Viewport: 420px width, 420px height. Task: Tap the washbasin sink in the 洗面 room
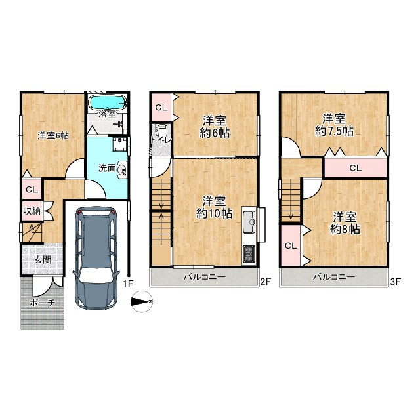[x=122, y=169]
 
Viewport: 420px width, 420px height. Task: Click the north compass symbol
[x=142, y=302]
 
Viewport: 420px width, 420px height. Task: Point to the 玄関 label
[x=43, y=259]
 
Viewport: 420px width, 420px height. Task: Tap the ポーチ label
[x=43, y=303]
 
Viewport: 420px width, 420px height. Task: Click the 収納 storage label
[x=31, y=211]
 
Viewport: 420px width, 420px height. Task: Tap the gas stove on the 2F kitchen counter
[x=249, y=254]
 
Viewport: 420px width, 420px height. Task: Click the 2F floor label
[x=266, y=282]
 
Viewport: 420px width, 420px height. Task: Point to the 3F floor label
[x=395, y=282]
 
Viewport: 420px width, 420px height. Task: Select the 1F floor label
[x=129, y=283]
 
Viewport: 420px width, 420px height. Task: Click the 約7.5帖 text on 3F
[x=334, y=131]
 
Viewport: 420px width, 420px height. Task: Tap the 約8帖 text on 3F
[x=345, y=229]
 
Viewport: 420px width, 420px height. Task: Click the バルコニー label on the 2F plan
[x=204, y=277]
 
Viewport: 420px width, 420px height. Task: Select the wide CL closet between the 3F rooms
[x=356, y=168]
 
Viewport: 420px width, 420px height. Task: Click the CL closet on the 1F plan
[x=31, y=189]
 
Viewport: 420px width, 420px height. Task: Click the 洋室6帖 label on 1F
[x=53, y=136]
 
